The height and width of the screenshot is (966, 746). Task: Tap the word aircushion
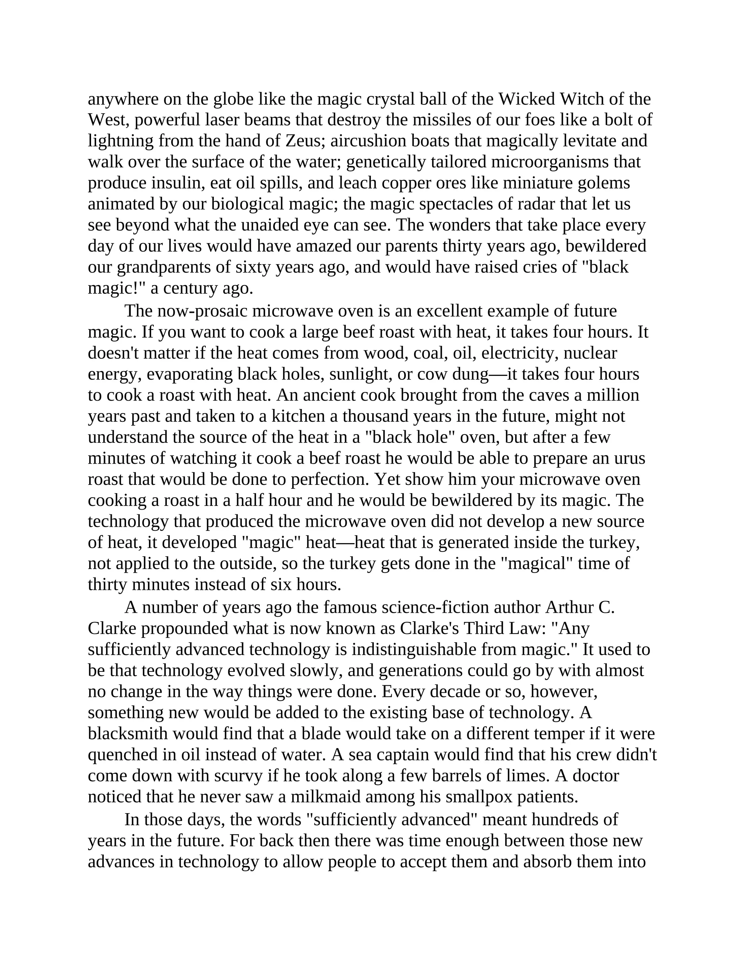click(x=368, y=141)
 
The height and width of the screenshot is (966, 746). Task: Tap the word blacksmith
click(x=128, y=734)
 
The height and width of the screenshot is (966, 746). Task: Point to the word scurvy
click(x=232, y=776)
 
